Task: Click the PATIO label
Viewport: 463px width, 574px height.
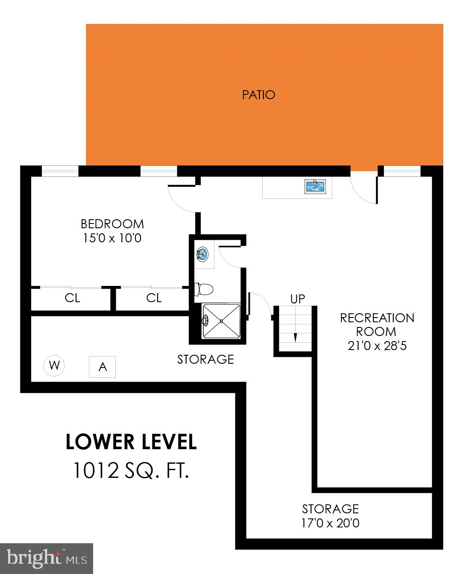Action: [x=258, y=94]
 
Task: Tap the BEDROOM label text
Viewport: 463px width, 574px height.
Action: [x=112, y=224]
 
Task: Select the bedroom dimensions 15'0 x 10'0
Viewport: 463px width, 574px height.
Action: [x=112, y=238]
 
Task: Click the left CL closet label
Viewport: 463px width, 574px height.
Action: [x=72, y=297]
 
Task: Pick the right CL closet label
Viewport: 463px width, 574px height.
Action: [x=154, y=297]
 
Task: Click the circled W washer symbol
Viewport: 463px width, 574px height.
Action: [x=54, y=366]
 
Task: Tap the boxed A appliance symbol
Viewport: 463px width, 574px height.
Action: [x=103, y=367]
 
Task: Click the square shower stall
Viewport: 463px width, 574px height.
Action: [x=221, y=321]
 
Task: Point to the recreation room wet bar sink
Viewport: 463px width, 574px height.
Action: [x=315, y=186]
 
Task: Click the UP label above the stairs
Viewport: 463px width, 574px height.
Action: [x=298, y=299]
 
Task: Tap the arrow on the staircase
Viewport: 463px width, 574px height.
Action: [x=295, y=336]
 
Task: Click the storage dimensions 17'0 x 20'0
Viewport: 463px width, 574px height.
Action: [x=330, y=523]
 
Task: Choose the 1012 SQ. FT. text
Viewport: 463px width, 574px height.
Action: [x=131, y=471]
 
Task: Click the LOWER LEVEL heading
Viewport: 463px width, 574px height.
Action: [x=131, y=442]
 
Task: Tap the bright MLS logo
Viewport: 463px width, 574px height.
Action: [x=47, y=558]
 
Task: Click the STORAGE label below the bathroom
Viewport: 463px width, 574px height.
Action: [x=205, y=359]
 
